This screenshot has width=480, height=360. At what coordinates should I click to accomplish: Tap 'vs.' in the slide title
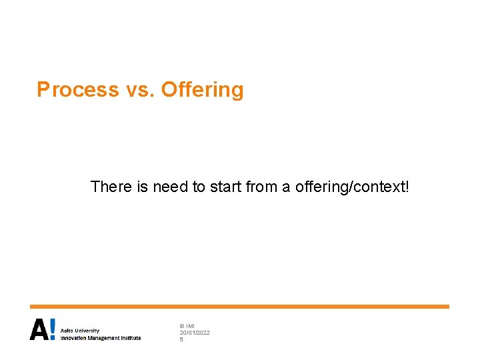point(140,89)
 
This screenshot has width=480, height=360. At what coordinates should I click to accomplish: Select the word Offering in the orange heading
point(203,89)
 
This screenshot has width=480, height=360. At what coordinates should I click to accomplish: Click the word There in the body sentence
point(111,187)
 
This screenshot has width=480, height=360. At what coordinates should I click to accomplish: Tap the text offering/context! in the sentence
point(351,187)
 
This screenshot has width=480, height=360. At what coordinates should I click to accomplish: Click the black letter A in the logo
point(39,329)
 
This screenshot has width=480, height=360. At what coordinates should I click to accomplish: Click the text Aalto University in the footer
point(79,331)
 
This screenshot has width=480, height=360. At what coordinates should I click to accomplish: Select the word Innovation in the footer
point(74,338)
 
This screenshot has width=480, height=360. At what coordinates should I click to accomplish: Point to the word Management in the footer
point(104,338)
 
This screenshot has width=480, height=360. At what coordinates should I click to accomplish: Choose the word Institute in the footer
point(131,338)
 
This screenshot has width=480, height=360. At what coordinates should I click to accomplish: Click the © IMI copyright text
point(187,325)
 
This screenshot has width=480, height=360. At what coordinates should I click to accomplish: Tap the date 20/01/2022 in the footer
point(195,332)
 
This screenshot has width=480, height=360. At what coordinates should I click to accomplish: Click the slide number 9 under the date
point(181,339)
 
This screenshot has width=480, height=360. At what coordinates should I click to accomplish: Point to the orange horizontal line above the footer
point(239,307)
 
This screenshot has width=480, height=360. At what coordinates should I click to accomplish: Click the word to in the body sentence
point(199,187)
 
